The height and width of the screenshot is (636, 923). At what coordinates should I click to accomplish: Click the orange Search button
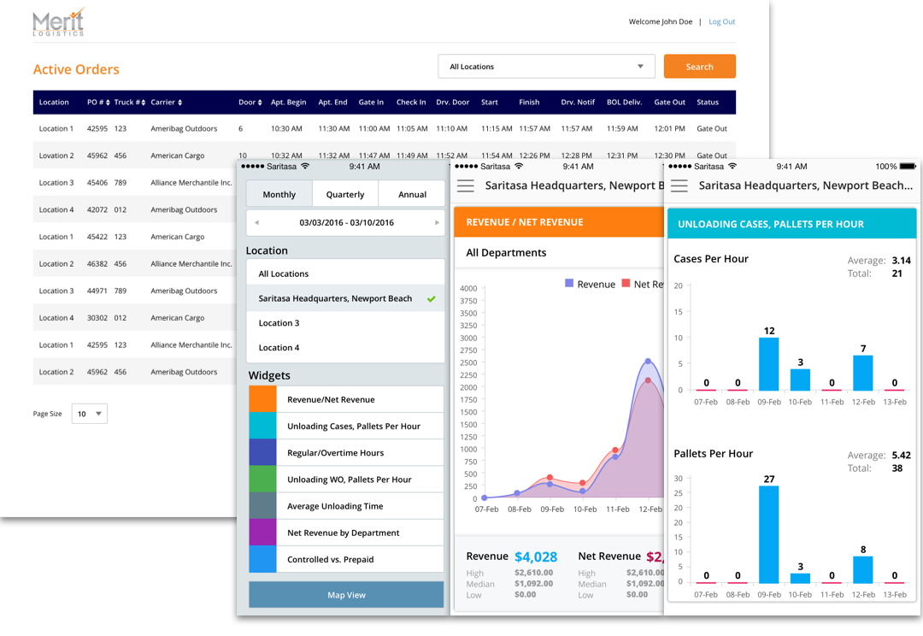coord(699,67)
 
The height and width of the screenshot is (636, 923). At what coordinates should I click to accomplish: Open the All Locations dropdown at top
coord(546,67)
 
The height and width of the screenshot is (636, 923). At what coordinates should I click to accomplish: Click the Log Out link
coord(721,21)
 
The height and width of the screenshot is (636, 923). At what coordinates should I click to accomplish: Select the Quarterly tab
coord(345,194)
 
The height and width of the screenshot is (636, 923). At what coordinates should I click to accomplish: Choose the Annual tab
coord(412,194)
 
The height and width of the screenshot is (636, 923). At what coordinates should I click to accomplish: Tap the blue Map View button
coord(346,595)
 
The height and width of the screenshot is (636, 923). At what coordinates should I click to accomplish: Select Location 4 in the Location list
coord(279,348)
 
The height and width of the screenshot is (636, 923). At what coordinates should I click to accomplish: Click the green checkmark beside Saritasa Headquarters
coord(432,298)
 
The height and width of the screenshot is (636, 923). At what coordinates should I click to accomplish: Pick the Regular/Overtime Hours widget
coord(335,453)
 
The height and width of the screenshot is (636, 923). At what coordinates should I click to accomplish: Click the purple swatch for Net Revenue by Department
coord(262,533)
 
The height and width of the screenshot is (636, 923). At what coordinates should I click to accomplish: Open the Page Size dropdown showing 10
coord(90,414)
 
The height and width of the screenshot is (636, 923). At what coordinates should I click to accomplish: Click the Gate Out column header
coord(669,103)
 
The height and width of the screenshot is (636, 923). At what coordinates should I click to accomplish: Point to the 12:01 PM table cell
coord(669,129)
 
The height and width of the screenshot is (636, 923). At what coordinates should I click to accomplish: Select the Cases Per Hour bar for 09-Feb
coord(769,364)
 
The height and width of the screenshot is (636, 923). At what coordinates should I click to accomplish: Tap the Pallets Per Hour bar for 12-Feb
coord(863,569)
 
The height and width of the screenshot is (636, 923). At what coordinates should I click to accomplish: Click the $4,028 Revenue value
coord(537,557)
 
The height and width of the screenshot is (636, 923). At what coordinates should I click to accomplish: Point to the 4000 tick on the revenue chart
coord(468,288)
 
